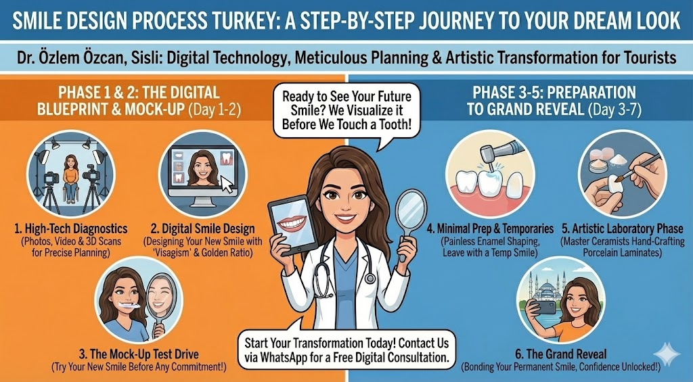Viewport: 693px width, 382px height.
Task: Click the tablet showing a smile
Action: coord(292,224)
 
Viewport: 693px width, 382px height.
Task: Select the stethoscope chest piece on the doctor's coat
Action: coord(370,278)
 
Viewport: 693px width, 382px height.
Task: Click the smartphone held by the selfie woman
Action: coord(545,308)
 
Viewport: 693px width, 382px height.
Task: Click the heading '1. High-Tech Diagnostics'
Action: coord(70,229)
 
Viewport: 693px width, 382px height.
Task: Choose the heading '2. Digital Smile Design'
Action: coord(203,229)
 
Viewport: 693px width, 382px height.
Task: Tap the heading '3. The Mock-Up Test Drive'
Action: coord(139,354)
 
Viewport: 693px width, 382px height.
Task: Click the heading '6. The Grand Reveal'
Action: coord(561,354)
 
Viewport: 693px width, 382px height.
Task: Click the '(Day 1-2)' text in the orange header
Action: coord(215,109)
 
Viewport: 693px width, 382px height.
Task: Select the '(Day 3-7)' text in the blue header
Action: coord(614,109)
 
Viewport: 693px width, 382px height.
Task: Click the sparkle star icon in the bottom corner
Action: coord(667,354)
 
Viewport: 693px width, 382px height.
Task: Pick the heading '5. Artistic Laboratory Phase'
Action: coord(623,229)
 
